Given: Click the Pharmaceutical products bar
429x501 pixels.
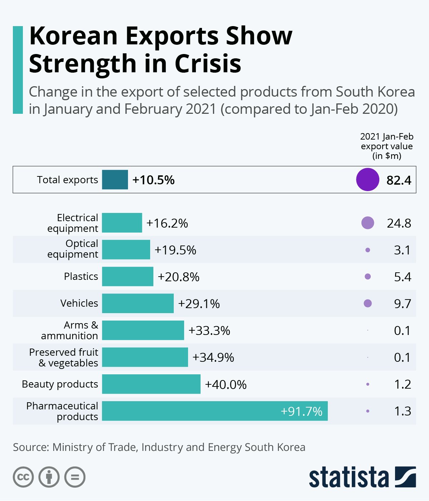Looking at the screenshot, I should click(x=214, y=411).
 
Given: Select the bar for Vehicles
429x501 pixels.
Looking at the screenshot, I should click(x=138, y=303).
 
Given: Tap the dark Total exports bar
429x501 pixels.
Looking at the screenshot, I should click(x=115, y=180).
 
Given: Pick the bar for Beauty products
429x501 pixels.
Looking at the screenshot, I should click(x=151, y=384).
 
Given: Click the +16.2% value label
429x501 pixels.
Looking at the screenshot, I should click(x=167, y=223).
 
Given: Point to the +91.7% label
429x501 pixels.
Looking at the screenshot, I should click(x=301, y=412).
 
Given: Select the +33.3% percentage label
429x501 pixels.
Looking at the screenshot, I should click(x=209, y=330).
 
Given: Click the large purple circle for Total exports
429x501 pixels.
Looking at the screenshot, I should click(x=367, y=180).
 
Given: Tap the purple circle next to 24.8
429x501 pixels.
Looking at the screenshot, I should click(x=368, y=223).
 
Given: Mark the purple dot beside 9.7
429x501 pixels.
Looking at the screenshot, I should click(x=368, y=303).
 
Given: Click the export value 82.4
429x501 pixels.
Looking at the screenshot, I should click(x=399, y=180).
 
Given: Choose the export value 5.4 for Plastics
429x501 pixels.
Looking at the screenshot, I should click(x=402, y=277).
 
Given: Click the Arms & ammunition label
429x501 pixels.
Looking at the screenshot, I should click(x=70, y=330).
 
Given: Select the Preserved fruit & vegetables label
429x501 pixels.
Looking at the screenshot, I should click(x=64, y=357).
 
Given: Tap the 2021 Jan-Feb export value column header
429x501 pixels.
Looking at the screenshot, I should click(x=386, y=146).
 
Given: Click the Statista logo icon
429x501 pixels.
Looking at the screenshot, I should click(x=405, y=477).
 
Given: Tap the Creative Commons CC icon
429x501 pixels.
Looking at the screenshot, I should click(x=23, y=477).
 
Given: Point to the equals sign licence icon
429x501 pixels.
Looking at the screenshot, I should click(x=75, y=477).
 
